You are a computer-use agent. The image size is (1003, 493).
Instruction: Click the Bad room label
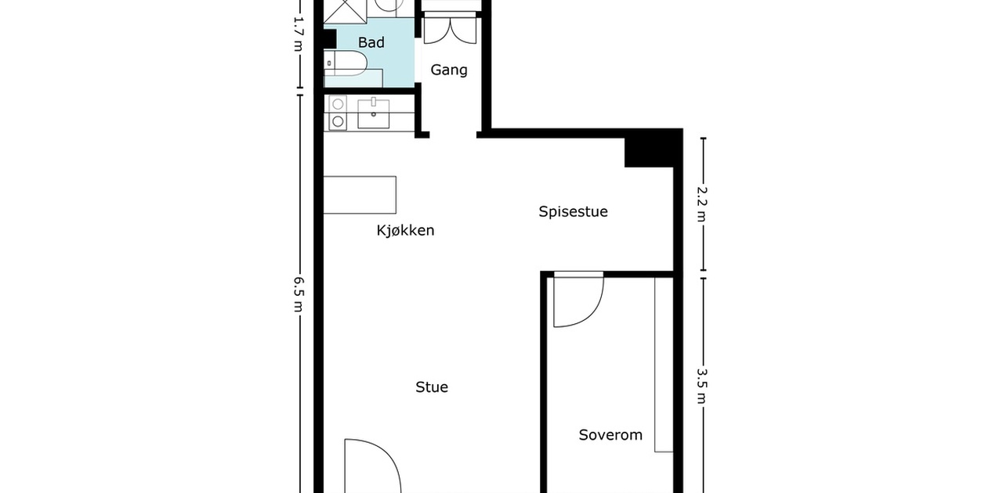371,42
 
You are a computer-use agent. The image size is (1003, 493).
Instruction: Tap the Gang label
449,70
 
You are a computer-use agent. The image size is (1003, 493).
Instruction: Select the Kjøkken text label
405,230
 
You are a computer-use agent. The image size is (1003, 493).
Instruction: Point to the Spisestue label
573,211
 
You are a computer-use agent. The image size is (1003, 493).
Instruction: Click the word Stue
432,387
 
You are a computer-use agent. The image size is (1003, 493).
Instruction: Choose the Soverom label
610,435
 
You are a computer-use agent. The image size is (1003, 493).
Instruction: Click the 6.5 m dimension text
299,294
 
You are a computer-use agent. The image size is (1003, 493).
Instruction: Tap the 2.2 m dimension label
701,203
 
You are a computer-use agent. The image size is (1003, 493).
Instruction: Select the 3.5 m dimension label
701,386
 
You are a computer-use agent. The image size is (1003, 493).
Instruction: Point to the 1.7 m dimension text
299,34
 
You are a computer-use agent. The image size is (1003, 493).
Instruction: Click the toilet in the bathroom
346,63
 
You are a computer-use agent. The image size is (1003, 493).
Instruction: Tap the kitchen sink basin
374,113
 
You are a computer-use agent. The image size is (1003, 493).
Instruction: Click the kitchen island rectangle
360,195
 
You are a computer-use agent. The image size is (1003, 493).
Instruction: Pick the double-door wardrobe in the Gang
450,30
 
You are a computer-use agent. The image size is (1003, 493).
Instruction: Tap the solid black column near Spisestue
650,148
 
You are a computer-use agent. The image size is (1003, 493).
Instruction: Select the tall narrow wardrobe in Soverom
664,365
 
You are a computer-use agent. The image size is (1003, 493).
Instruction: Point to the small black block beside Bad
330,39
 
